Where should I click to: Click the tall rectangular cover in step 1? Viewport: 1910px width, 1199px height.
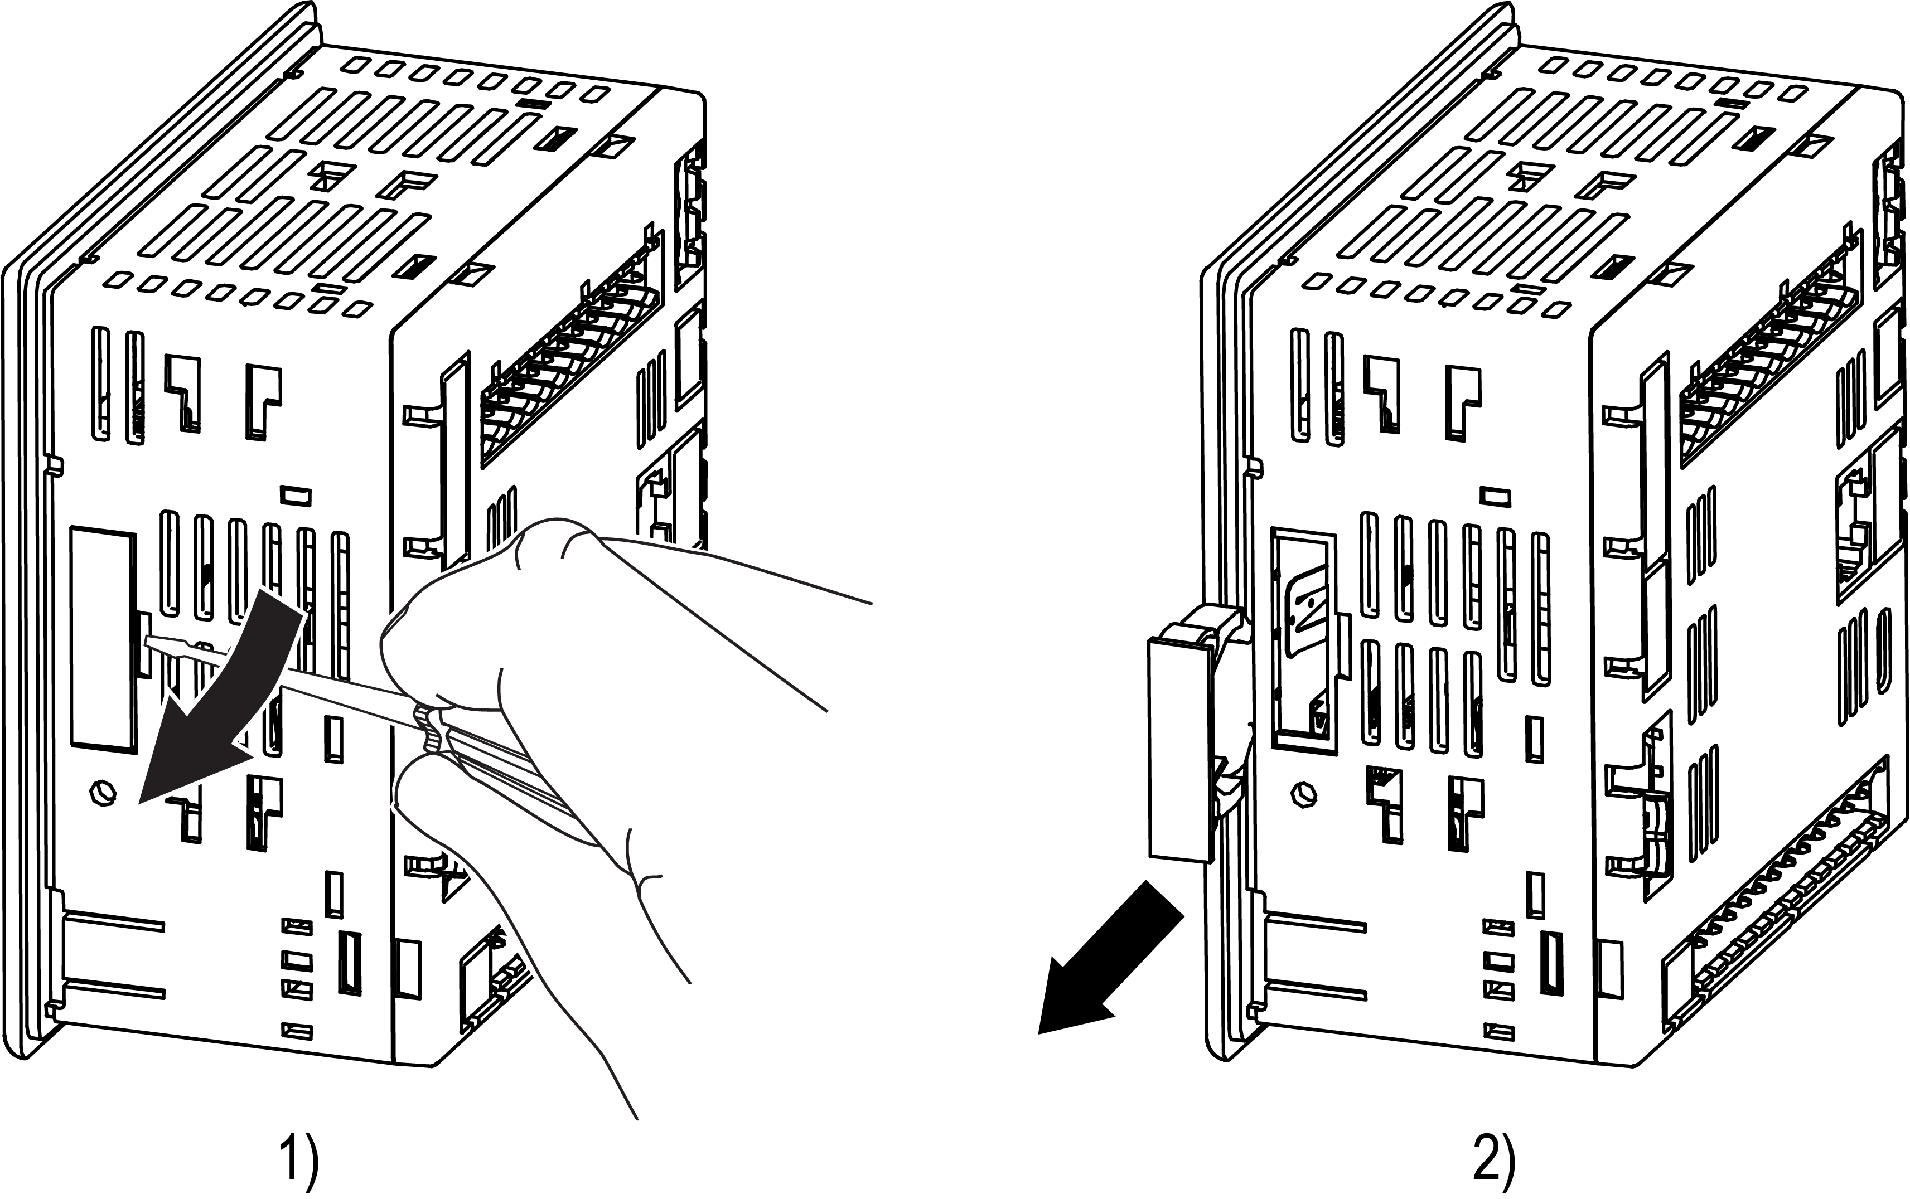click(x=103, y=638)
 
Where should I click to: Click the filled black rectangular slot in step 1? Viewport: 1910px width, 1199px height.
click(x=350, y=963)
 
